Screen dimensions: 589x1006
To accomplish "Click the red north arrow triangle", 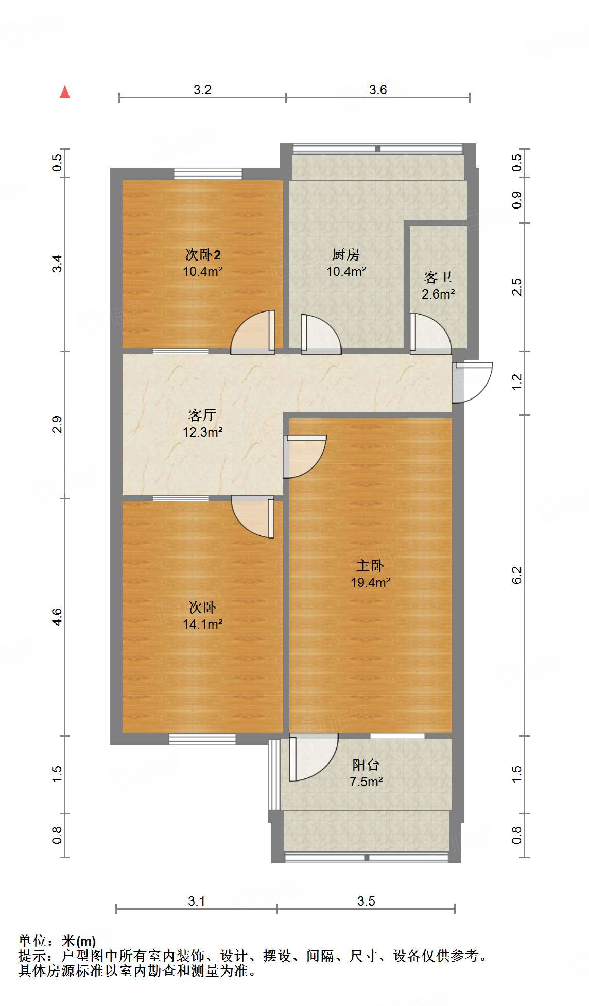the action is pos(65,92).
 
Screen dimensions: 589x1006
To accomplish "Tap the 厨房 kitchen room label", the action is pos(345,254).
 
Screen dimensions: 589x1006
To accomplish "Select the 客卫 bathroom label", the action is pos(438,277).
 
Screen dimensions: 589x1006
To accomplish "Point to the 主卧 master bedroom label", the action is pos(370,566).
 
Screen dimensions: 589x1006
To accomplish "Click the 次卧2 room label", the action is pos(203,254).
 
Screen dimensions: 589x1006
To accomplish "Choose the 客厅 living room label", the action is pos(202,415).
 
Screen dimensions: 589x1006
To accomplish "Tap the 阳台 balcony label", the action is pos(366,765).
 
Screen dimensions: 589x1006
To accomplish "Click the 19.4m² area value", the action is pos(370,582).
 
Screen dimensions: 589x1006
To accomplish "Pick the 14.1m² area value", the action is pos(203,624).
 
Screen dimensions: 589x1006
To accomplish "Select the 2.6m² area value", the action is pos(438,294).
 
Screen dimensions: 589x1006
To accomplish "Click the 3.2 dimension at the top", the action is pos(202,90).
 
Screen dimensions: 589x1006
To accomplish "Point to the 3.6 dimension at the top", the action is pos(378,90).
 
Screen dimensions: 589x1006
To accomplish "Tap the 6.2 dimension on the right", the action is pos(517,575).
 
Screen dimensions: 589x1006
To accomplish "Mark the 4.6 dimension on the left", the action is pos(57,617).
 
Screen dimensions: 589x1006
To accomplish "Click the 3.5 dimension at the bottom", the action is pos(367,901).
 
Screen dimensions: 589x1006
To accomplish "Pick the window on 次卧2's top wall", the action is pos(208,174).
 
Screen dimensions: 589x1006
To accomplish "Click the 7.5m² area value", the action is pos(366,782).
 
